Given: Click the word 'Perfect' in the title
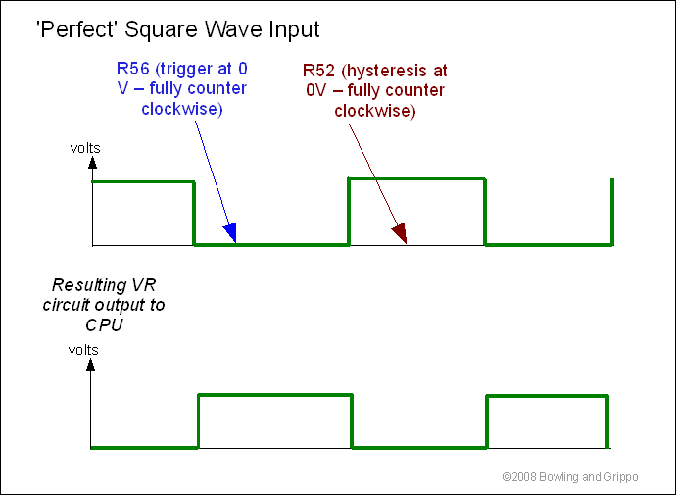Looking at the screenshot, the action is (78, 29).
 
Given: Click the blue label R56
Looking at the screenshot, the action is (133, 69).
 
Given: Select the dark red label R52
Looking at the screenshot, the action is (318, 71).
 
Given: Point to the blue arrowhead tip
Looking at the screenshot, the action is (236, 243).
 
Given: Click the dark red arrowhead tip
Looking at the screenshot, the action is (407, 244).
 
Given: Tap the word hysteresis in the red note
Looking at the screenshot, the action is (387, 71).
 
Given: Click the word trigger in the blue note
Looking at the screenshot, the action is (187, 69).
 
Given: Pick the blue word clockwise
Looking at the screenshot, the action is (182, 109).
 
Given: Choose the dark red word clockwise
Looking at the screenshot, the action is (374, 111).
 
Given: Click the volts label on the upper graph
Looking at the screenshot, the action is (85, 148).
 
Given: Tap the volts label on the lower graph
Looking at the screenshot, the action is (83, 350).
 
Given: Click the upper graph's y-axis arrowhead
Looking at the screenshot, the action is (92, 162).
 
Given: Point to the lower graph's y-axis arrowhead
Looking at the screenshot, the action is (90, 365).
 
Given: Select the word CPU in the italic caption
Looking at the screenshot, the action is (104, 324).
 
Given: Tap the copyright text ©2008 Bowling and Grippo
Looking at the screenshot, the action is (570, 477).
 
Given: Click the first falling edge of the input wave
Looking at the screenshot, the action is (194, 214).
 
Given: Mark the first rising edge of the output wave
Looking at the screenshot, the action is (198, 421).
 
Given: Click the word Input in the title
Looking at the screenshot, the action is (295, 29).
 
